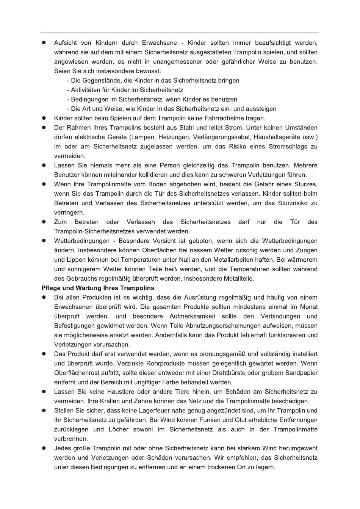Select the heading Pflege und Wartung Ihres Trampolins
click(x=98, y=288)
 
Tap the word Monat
click(x=308, y=307)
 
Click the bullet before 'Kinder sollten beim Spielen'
click(x=44, y=118)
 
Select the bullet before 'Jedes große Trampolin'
click(x=44, y=448)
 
